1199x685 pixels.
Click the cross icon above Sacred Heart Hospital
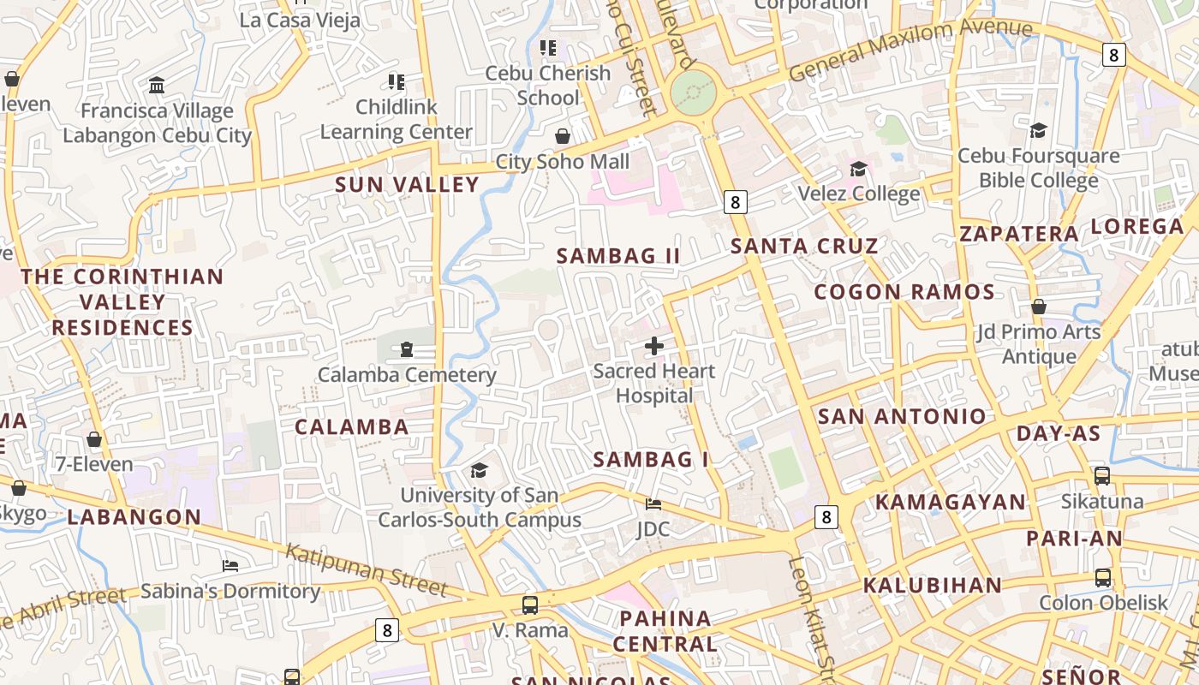[654, 346]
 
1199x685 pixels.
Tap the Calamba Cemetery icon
[406, 349]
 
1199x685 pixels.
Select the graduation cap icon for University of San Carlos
[479, 470]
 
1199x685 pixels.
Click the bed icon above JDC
[653, 503]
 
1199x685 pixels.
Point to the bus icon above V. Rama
[530, 605]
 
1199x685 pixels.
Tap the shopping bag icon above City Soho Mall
[563, 136]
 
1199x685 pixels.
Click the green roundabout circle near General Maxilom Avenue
[692, 91]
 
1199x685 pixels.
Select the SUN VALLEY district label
[407, 185]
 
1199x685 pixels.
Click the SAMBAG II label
[618, 256]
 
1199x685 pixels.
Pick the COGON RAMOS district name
[904, 292]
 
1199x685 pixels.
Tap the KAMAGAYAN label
[951, 503]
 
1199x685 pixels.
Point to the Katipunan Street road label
[367, 569]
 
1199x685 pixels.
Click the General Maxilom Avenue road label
[910, 50]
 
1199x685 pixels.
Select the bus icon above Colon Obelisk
[1102, 578]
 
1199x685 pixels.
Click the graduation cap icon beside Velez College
[858, 169]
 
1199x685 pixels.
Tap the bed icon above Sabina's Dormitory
[230, 566]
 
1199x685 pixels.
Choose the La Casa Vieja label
[300, 21]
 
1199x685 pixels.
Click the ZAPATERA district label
[1019, 234]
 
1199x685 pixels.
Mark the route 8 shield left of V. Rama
[387, 631]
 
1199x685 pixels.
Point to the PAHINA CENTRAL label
[665, 631]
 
